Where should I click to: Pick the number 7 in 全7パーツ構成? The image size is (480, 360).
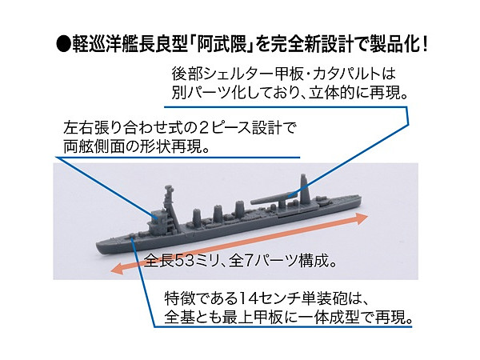point(254,262)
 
